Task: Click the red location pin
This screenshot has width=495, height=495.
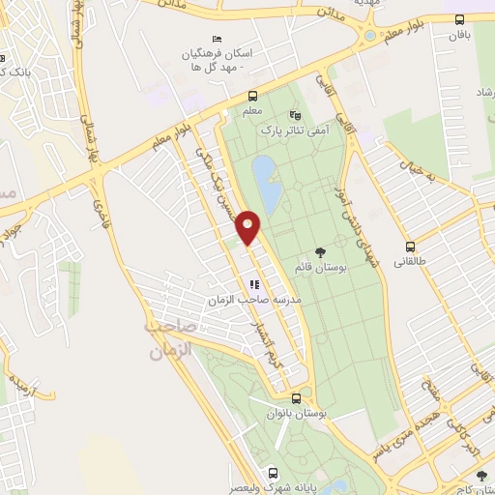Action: [248, 227]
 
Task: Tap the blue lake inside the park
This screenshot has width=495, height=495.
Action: [266, 184]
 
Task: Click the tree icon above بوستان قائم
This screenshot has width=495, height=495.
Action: [320, 253]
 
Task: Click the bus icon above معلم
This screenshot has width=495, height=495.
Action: [252, 96]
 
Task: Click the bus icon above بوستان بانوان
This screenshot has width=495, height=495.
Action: [296, 396]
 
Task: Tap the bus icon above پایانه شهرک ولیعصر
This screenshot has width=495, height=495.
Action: [274, 473]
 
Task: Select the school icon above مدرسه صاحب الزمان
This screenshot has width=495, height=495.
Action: [254, 285]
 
